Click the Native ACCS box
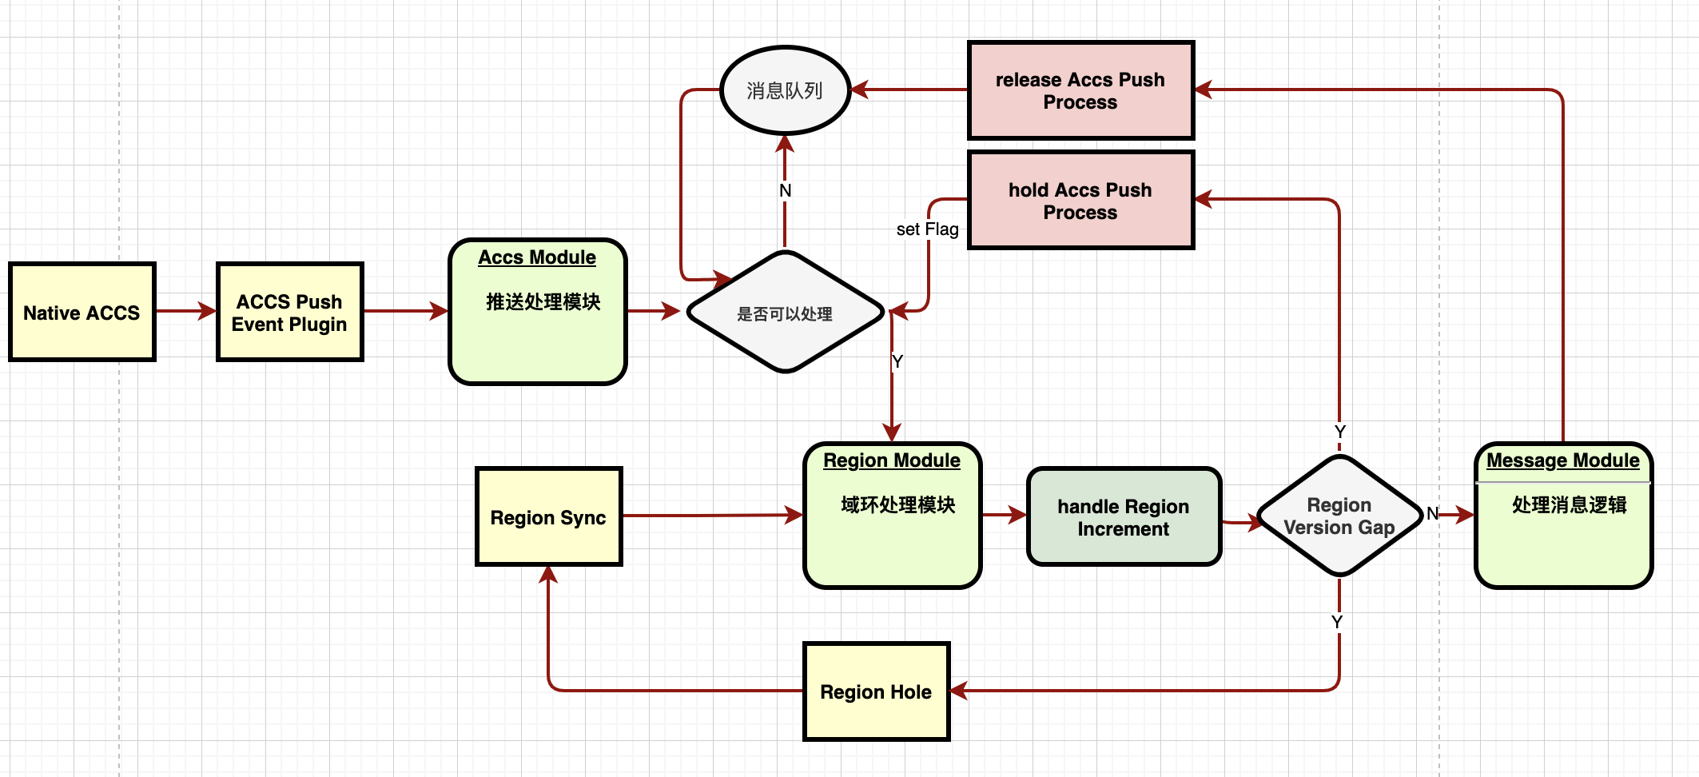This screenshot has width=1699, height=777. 82,313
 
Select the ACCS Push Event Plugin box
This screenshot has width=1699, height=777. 289,313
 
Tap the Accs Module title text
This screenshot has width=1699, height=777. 537,257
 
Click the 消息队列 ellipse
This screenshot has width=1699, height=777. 785,90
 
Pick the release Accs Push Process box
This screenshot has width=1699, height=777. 1080,90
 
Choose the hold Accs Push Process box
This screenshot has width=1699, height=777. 1080,201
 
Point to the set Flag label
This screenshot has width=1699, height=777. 927,229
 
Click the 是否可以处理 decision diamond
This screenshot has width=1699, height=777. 785,313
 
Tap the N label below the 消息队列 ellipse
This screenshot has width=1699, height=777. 785,190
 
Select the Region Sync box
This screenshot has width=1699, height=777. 548,517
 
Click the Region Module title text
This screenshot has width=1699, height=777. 892,460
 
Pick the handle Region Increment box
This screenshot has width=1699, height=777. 1124,517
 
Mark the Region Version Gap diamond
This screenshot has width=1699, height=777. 1339,516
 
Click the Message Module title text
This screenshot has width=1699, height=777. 1562,460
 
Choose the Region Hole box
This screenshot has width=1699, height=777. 876,691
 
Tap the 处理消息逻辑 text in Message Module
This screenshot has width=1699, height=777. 1570,505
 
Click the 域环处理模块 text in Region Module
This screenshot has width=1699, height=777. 898,505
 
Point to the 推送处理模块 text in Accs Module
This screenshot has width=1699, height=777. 543,302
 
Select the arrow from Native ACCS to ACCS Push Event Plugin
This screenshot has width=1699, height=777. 185,311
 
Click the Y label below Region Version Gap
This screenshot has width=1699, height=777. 1337,622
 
